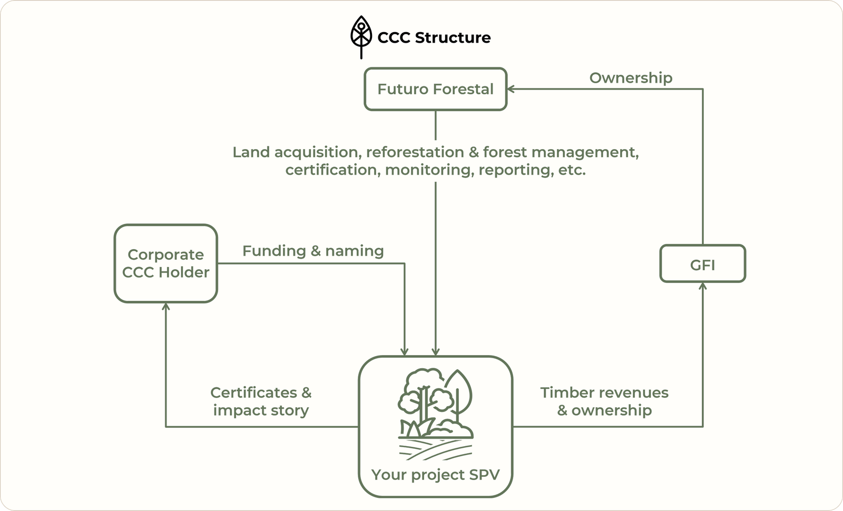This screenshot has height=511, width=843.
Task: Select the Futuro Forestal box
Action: tap(435, 89)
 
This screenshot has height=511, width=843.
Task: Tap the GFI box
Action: tap(702, 264)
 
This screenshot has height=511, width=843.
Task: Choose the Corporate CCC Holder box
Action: tap(165, 263)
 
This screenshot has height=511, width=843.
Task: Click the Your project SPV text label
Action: tap(435, 475)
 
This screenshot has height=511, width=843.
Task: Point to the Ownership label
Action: tap(631, 78)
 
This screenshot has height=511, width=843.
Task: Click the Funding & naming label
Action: tap(313, 251)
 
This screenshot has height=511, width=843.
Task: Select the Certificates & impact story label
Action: tap(261, 401)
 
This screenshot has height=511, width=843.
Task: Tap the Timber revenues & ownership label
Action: tap(604, 401)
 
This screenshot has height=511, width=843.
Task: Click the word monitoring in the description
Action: tap(429, 170)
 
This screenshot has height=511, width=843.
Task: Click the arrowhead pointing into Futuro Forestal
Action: tap(511, 89)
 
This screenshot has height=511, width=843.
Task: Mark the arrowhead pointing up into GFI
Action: tap(702, 286)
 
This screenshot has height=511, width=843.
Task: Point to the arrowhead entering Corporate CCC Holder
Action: tap(166, 306)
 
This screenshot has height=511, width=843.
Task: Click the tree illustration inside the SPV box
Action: tap(435, 403)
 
